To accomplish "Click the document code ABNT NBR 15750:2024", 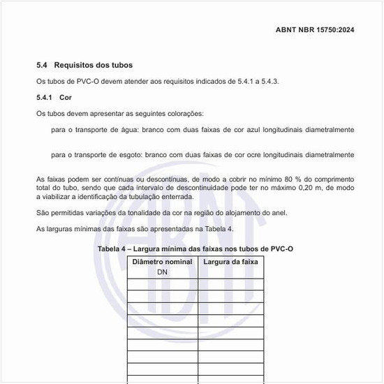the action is (x=316, y=30).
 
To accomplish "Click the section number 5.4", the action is (x=43, y=65).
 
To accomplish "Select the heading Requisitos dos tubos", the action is (x=93, y=65).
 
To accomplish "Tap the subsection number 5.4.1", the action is (x=46, y=98).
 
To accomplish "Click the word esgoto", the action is (x=135, y=154).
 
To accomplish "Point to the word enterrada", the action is (x=177, y=198).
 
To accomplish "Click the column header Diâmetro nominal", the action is (x=162, y=262).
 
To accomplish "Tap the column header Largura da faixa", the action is (x=230, y=262).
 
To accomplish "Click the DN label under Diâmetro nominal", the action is (x=162, y=272).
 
